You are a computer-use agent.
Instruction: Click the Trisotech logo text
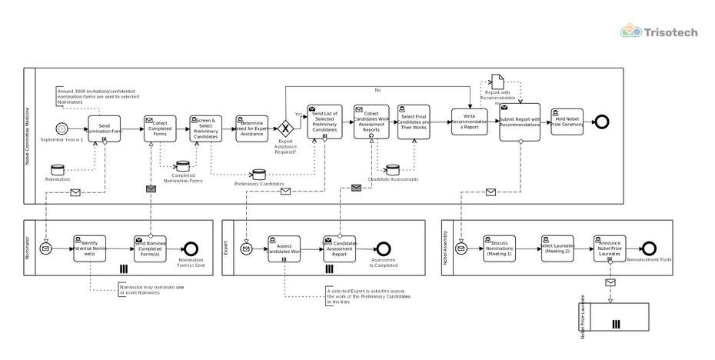tap(670, 32)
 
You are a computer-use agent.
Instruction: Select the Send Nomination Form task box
tap(105, 128)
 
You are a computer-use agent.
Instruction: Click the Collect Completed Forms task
tap(160, 128)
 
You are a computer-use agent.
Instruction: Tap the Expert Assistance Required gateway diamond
tap(286, 128)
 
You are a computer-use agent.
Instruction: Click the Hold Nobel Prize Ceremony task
tap(567, 121)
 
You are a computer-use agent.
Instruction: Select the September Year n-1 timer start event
tap(62, 128)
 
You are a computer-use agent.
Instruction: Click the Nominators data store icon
tap(57, 168)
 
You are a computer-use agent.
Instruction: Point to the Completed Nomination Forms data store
tap(182, 165)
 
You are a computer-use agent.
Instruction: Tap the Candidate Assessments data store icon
tap(392, 168)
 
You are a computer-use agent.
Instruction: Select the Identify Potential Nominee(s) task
tap(89, 248)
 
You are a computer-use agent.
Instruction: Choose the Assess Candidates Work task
tap(284, 248)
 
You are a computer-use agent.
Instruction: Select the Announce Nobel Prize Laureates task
tap(610, 248)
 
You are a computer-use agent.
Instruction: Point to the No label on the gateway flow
tap(377, 90)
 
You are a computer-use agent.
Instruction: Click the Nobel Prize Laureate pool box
tap(615, 317)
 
